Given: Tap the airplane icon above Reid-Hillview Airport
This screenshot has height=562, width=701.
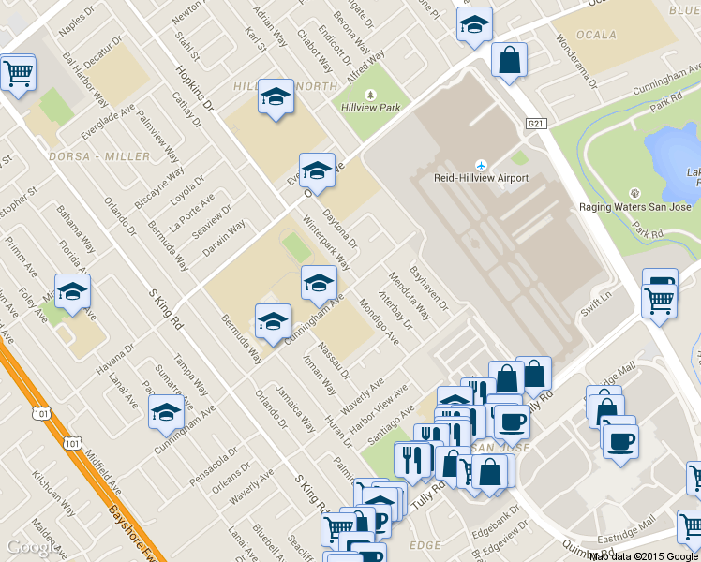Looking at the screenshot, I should pyautogui.click(x=482, y=164).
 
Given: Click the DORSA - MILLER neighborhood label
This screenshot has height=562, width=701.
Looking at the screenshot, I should pyautogui.click(x=100, y=155).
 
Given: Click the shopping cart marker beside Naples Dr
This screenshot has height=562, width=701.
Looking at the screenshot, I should pyautogui.click(x=18, y=73).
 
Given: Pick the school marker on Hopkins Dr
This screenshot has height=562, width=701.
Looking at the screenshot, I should pyautogui.click(x=275, y=97).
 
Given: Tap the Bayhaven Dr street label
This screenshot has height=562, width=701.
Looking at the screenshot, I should pyautogui.click(x=430, y=290).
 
